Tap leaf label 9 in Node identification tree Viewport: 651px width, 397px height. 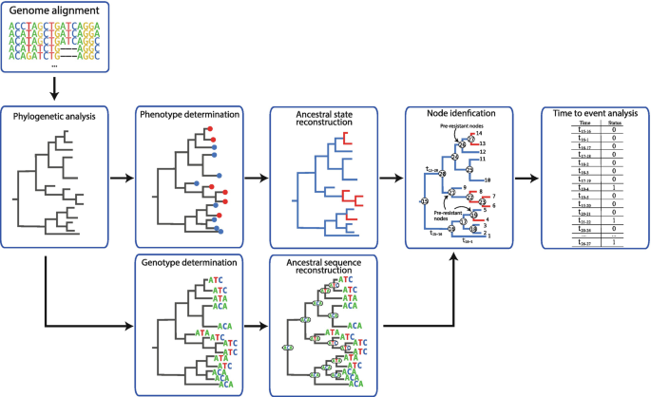[x=463, y=187]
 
